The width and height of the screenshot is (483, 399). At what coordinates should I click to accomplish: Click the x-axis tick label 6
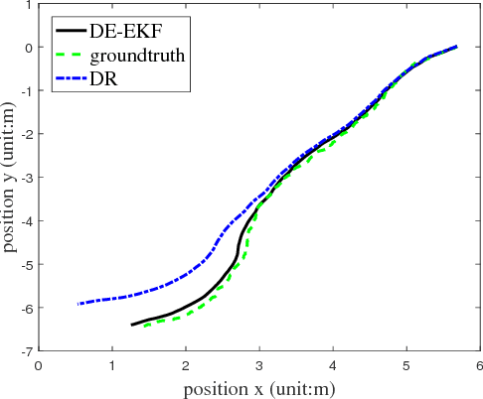(x=479, y=364)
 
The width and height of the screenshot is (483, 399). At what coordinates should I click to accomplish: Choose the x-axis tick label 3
(x=259, y=364)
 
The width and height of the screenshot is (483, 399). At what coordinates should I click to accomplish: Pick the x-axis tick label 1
(x=112, y=364)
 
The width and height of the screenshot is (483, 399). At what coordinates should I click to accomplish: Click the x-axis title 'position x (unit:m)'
(x=257, y=386)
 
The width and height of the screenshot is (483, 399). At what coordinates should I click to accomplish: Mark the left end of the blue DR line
(x=78, y=304)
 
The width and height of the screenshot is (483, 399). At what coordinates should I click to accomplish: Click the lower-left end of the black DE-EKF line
(x=131, y=325)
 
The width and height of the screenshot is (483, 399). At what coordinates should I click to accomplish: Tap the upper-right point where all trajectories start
(x=456, y=47)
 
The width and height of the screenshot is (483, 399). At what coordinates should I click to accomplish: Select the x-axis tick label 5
(x=405, y=364)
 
